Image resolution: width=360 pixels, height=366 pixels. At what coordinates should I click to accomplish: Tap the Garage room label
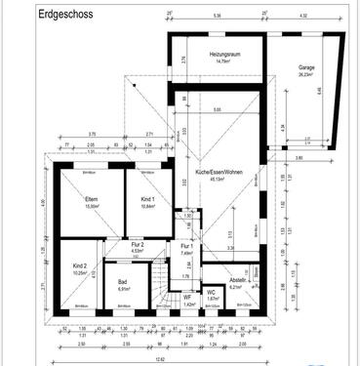306,69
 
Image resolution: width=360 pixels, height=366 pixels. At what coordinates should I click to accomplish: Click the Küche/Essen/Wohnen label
217,173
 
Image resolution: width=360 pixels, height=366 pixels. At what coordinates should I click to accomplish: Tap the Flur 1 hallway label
186,245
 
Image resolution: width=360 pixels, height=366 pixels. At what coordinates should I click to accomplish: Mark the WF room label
188,298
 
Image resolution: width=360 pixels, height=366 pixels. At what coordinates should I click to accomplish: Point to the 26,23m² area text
306,76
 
